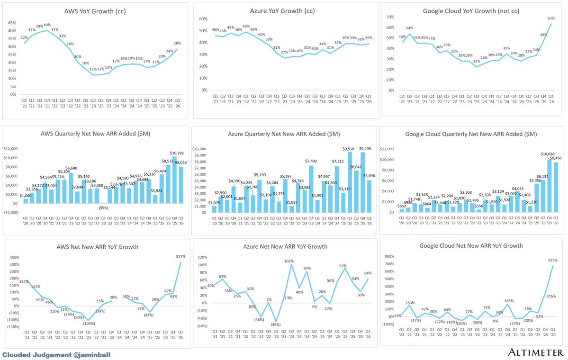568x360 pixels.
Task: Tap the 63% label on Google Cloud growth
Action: coord(551,18)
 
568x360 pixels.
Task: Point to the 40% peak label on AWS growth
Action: coord(47,25)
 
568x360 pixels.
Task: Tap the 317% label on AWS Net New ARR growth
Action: coord(180,257)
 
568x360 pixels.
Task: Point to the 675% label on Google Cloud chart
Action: coord(552,260)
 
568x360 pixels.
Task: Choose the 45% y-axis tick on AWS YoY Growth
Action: coord(13,22)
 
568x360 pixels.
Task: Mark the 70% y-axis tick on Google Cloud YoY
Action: coord(391,17)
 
